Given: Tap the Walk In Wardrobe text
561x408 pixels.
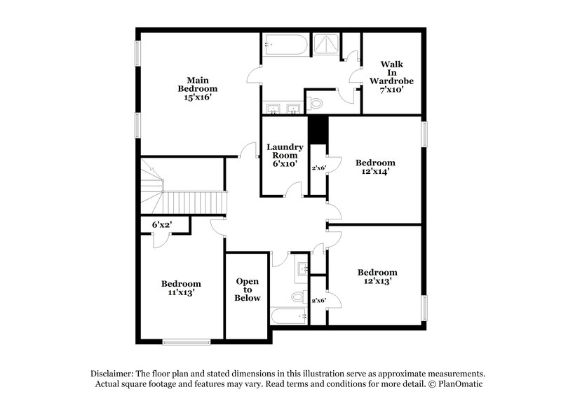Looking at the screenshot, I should coord(392,72).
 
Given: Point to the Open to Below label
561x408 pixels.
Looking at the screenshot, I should coord(248,289).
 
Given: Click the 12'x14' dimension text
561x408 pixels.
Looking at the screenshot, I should coord(374,170).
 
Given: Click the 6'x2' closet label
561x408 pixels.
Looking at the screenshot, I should coord(162,224).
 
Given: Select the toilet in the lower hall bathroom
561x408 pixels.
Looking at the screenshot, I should coord(298,297).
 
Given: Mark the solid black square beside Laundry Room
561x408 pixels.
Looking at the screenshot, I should coord(319,129).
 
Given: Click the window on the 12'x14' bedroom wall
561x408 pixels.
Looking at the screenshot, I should coord(424,135).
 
